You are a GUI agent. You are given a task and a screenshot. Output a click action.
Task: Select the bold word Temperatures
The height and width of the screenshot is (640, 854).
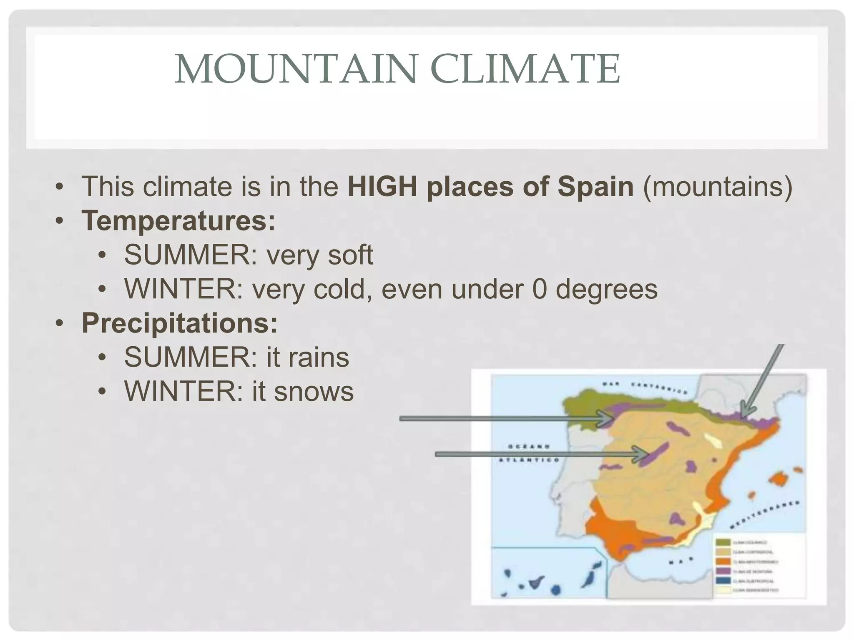(x=178, y=220)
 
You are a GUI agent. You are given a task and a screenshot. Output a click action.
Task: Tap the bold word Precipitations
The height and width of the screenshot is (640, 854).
(x=179, y=323)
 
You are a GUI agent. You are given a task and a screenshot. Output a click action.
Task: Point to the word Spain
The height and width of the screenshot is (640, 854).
(x=595, y=186)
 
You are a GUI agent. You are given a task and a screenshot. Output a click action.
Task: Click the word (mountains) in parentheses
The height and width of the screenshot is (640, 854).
(x=717, y=186)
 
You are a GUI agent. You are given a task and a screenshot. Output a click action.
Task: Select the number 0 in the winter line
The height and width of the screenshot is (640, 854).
(x=539, y=289)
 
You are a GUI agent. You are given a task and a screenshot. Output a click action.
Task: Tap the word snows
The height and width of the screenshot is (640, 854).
(x=314, y=391)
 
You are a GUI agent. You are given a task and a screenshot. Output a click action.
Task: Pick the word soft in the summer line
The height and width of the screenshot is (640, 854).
(x=350, y=255)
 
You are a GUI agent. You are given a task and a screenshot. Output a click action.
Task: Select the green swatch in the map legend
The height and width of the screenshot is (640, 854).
(x=723, y=542)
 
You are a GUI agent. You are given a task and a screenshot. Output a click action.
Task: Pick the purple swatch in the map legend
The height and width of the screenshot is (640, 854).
(x=723, y=571)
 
